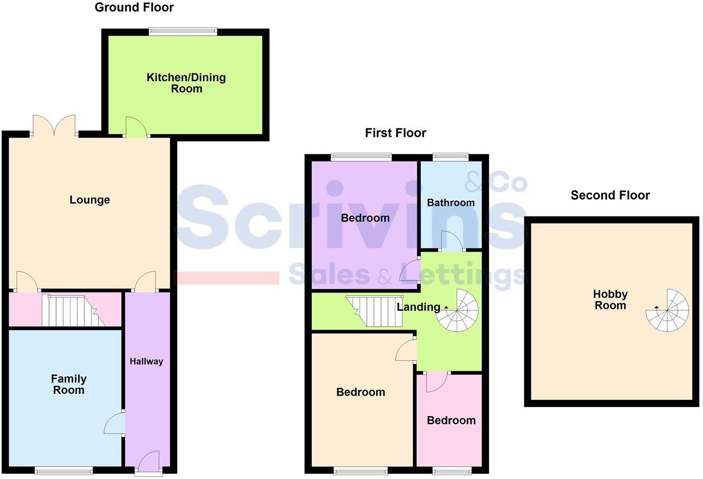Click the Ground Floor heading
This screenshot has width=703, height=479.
tap(134, 8)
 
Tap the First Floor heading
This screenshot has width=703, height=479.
tap(395, 133)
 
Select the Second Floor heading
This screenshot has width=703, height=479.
tap(610, 195)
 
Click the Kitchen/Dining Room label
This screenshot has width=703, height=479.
tap(186, 83)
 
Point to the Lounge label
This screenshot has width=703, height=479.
tap(90, 200)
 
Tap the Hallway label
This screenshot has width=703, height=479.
tap(146, 361)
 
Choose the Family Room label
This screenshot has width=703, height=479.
tap(68, 384)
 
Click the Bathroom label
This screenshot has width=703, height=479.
tap(451, 203)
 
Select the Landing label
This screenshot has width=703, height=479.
tap(418, 307)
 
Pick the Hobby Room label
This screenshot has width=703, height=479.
tap(610, 300)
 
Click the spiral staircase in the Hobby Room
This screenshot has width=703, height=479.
tap(668, 310)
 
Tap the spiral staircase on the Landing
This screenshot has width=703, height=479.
tap(457, 310)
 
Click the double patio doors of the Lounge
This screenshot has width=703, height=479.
tap(54, 126)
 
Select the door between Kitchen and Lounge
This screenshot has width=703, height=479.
tap(136, 128)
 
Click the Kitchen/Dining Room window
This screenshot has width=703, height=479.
tap(183, 32)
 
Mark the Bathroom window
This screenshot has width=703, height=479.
tap(451, 157)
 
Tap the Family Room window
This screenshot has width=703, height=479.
tap(64, 470)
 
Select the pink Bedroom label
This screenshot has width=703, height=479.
tap(451, 420)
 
